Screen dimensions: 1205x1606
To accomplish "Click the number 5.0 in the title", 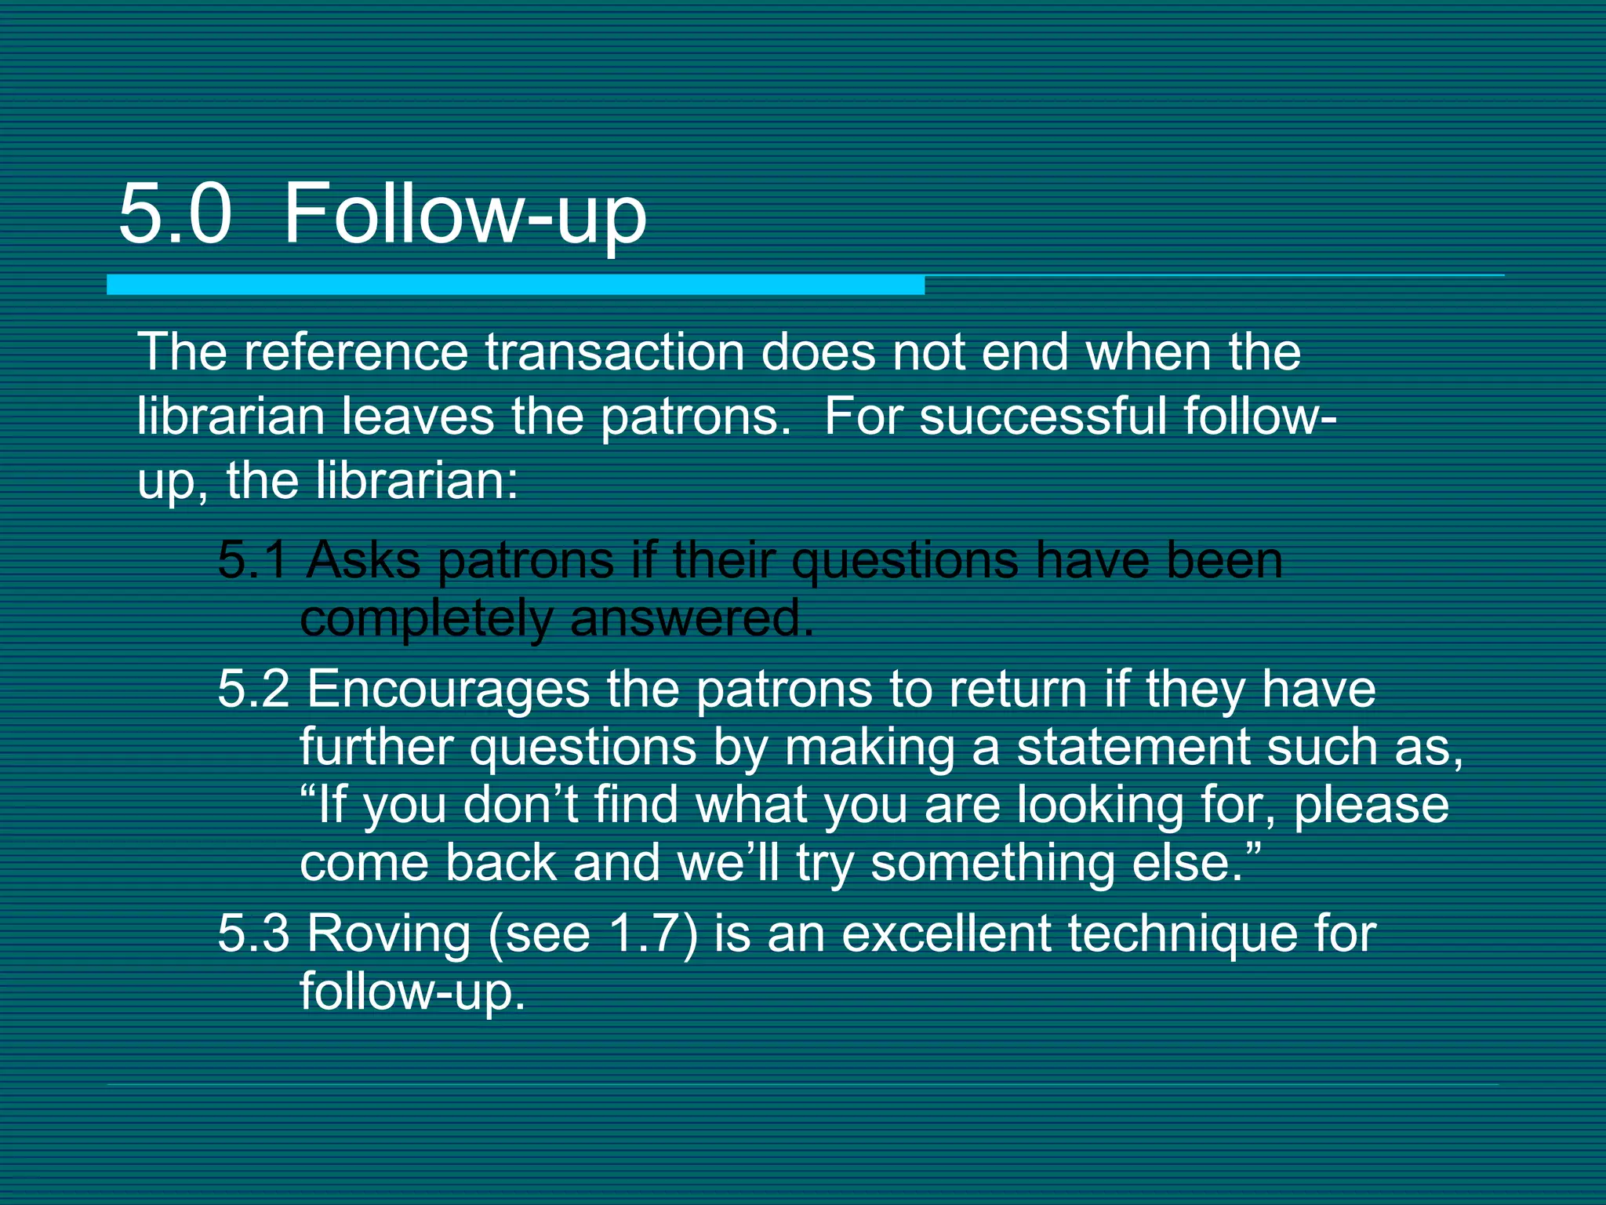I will (175, 213).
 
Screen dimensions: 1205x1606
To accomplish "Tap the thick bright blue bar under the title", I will (515, 285).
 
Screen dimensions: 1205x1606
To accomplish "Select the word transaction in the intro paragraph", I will (614, 352).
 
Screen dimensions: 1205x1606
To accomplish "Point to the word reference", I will (355, 352).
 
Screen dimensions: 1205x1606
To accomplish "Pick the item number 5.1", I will (253, 560).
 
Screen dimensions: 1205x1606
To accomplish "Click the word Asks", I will (362, 560).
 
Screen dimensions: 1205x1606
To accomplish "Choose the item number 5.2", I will (253, 689).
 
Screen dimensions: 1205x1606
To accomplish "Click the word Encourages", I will (448, 689).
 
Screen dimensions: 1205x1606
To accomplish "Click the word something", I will (993, 863).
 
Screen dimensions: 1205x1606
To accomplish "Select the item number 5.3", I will (253, 934).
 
